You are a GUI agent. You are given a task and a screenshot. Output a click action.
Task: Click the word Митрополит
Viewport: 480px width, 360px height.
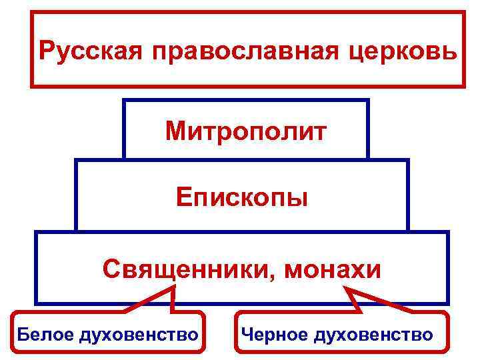pos(246,131)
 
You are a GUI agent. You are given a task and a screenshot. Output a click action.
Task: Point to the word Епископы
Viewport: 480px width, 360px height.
pos(242,198)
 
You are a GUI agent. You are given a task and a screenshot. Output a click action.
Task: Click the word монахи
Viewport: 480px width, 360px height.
pos(333,269)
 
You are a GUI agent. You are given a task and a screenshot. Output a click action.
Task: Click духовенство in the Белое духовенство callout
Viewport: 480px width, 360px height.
pos(138,334)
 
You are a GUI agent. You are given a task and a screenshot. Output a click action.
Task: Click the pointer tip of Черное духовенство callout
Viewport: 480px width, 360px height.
pos(345,287)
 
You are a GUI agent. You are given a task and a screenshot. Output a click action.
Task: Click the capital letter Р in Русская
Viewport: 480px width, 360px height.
pos(46,51)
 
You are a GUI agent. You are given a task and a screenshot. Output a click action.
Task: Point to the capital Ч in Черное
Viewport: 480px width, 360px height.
pos(247,333)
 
